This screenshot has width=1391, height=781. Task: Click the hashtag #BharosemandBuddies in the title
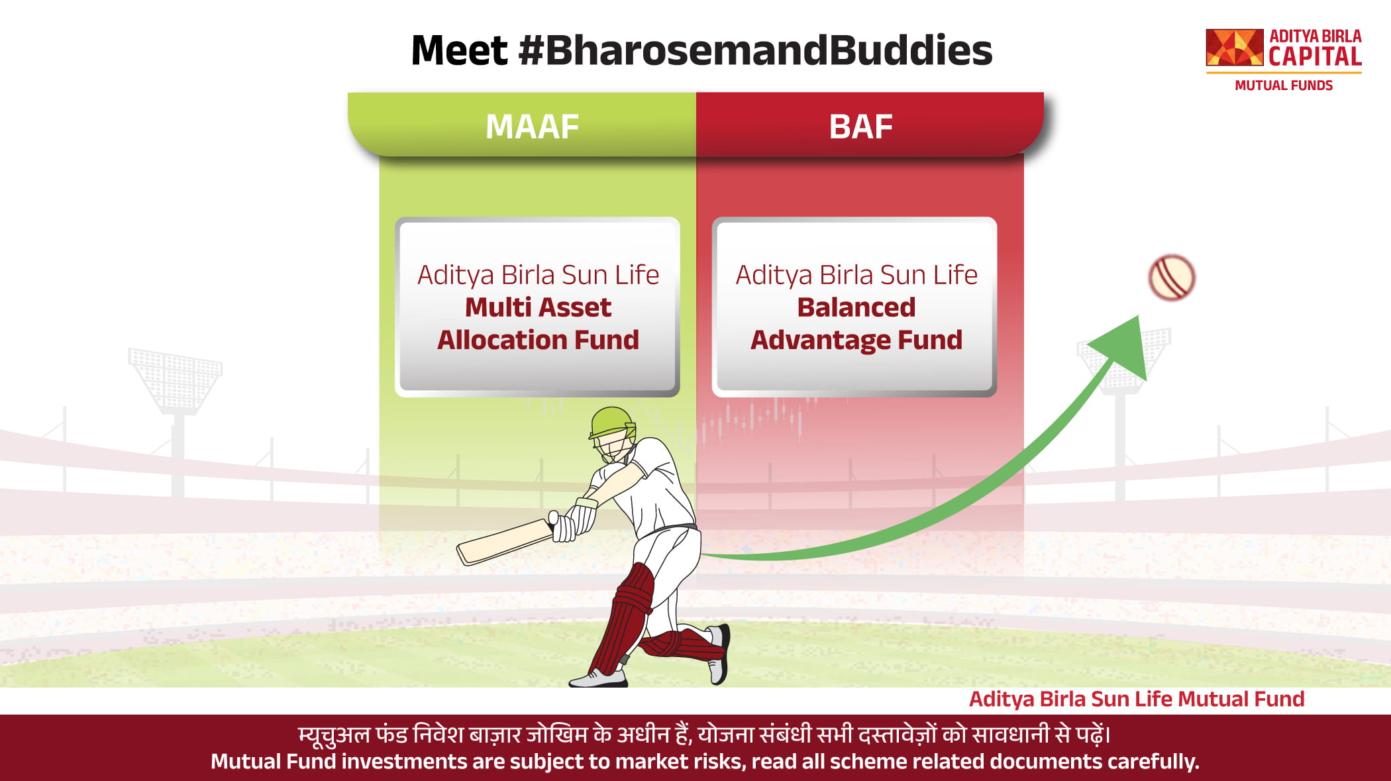click(x=756, y=50)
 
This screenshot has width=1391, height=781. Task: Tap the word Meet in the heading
click(x=459, y=50)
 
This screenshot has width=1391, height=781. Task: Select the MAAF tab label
click(x=532, y=127)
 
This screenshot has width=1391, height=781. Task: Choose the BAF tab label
click(x=861, y=127)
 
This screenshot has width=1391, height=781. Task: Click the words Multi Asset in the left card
click(x=538, y=307)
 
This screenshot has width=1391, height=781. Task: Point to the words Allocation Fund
click(x=538, y=340)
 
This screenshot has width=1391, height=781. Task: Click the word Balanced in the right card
click(x=856, y=307)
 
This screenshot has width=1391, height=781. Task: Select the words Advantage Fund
click(x=856, y=340)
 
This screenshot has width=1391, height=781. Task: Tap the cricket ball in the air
click(x=1172, y=278)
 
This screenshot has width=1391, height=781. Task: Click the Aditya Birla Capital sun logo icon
click(x=1235, y=47)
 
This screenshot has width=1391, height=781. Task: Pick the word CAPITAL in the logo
click(x=1315, y=56)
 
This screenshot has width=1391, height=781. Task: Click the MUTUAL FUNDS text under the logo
click(x=1284, y=85)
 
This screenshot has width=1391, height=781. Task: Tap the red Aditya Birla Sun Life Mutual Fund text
click(x=1137, y=699)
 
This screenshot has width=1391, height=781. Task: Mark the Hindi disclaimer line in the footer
click(x=705, y=735)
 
